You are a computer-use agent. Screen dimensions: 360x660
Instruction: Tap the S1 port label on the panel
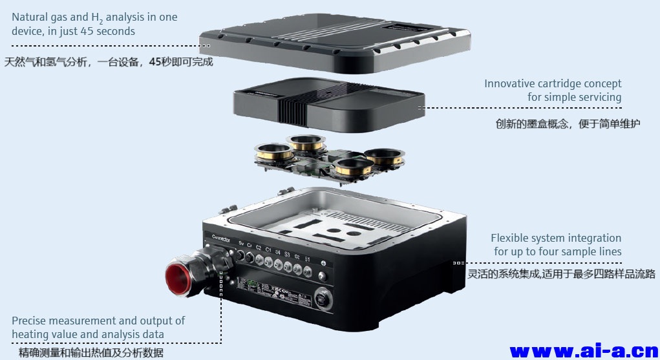pos(308,260)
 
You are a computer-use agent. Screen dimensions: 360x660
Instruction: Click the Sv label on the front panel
pos(241,244)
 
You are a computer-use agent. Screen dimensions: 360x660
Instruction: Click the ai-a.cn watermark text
pos(584,351)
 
